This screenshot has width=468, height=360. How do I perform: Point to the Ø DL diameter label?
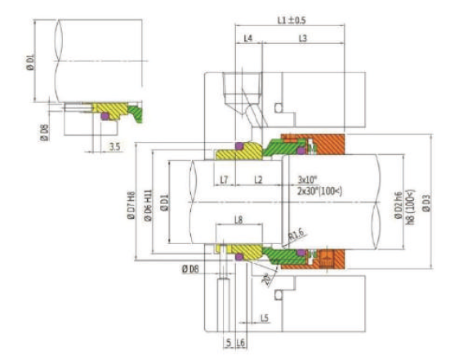click(31, 61)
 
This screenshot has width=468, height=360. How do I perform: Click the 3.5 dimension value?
click(115, 147)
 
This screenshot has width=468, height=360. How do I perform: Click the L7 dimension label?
click(225, 178)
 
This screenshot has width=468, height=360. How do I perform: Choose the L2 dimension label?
click(258, 178)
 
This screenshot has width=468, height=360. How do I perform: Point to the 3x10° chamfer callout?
click(308, 179)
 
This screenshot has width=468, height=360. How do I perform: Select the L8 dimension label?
click(238, 220)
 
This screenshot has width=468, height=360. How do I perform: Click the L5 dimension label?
click(265, 317)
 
